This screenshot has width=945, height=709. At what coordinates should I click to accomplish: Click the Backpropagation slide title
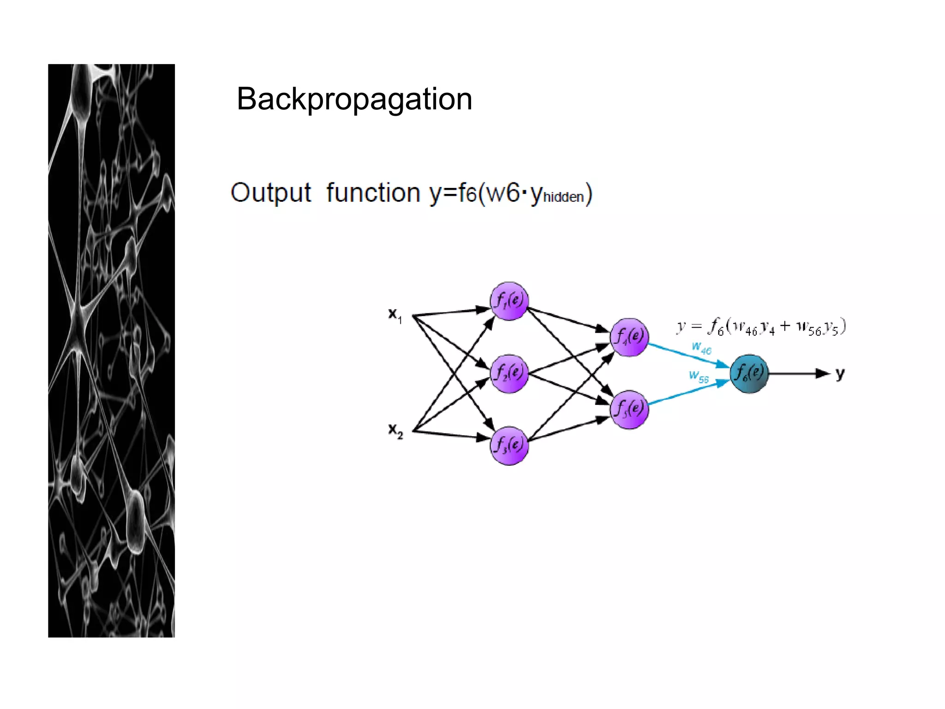click(x=354, y=99)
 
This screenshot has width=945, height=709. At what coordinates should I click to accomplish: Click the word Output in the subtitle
click(x=271, y=192)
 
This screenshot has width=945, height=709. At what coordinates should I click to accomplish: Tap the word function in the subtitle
click(x=373, y=192)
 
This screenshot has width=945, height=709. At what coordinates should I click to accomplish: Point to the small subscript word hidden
click(x=563, y=198)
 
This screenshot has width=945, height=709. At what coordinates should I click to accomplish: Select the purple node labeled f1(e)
click(x=509, y=301)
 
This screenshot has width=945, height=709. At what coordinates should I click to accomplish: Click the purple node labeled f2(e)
click(x=509, y=373)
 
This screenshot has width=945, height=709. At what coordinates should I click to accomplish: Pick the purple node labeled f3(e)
click(x=509, y=446)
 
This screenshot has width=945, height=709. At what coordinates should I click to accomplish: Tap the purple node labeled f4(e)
click(x=629, y=337)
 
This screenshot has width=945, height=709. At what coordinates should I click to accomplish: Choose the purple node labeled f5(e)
click(x=629, y=409)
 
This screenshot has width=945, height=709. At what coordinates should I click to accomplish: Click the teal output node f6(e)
click(x=749, y=373)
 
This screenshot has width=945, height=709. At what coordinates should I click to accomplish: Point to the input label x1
click(x=395, y=315)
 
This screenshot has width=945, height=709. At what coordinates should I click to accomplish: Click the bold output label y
click(x=840, y=373)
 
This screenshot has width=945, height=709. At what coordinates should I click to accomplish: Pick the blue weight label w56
click(x=699, y=377)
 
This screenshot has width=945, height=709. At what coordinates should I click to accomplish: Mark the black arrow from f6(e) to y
click(x=798, y=373)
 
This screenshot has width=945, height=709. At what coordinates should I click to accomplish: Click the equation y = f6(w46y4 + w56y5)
click(x=761, y=326)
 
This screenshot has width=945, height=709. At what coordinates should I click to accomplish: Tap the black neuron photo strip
click(x=111, y=351)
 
